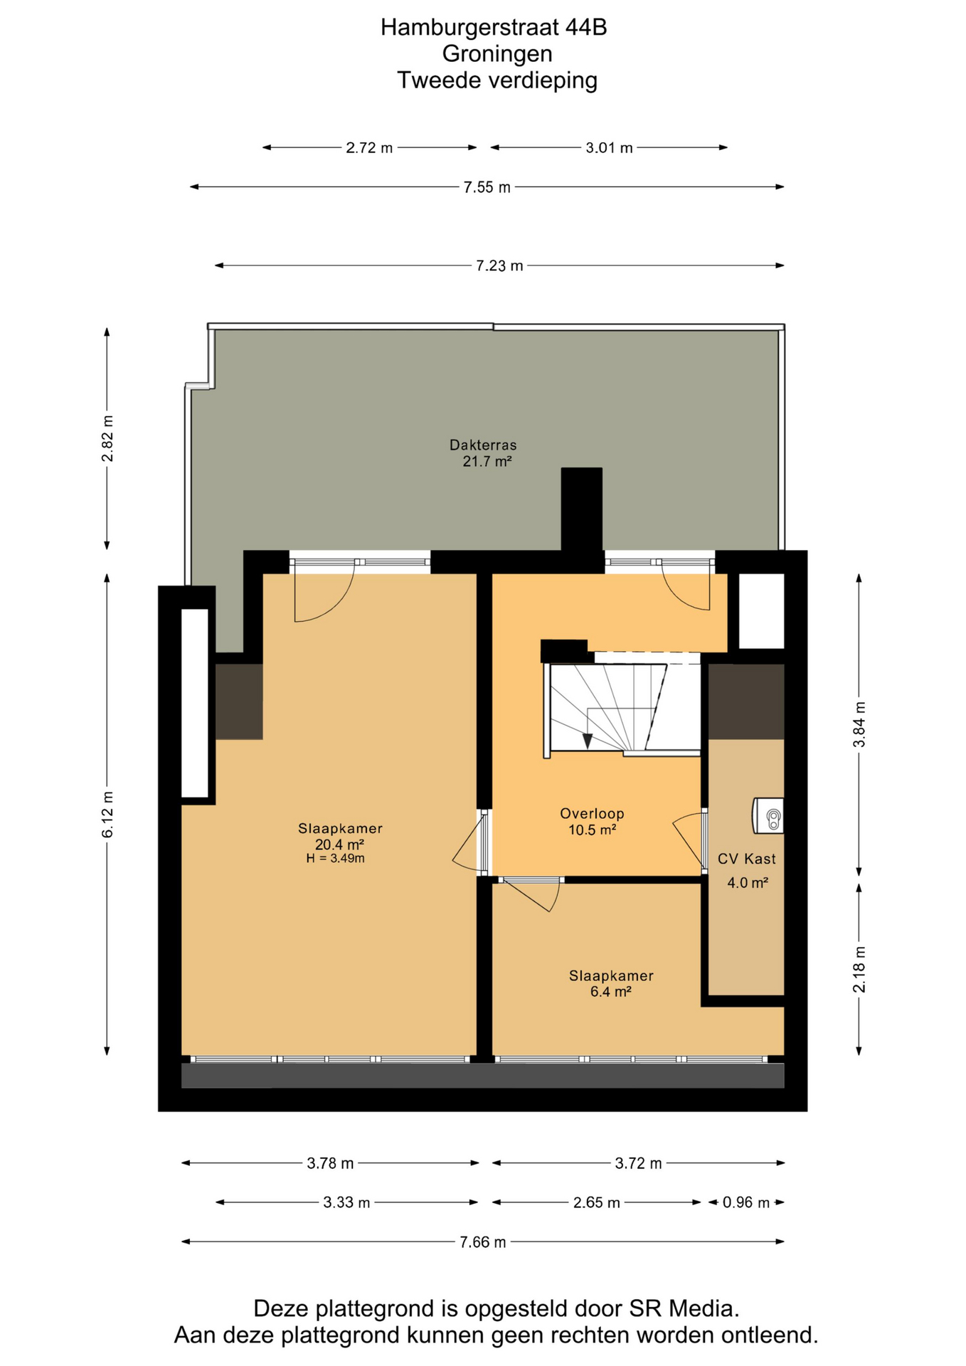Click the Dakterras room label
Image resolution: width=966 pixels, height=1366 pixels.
(483, 445)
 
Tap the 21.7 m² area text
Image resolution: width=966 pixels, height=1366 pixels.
(487, 461)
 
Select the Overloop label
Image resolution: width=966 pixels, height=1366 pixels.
(592, 813)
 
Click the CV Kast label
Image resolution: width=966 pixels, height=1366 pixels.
(746, 859)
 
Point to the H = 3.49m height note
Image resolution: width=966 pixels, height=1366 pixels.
(336, 858)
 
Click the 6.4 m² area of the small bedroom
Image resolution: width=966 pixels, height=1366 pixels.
(611, 992)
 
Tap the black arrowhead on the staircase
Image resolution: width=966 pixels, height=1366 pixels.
(588, 741)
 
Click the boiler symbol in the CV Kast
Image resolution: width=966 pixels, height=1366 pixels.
(768, 815)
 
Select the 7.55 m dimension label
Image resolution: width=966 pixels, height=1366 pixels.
(487, 187)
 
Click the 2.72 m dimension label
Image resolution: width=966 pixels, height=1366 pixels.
(369, 148)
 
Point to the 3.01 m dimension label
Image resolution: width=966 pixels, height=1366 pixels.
(609, 148)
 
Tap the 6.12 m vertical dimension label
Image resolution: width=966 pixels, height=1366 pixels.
(107, 815)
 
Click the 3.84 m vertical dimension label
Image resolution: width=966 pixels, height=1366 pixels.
(859, 724)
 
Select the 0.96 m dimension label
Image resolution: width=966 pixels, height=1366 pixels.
(746, 1202)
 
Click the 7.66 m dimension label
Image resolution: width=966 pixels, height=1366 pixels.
(483, 1241)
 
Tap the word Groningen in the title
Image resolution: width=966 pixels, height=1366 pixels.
(497, 53)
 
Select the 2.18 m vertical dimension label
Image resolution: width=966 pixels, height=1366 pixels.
(859, 969)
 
